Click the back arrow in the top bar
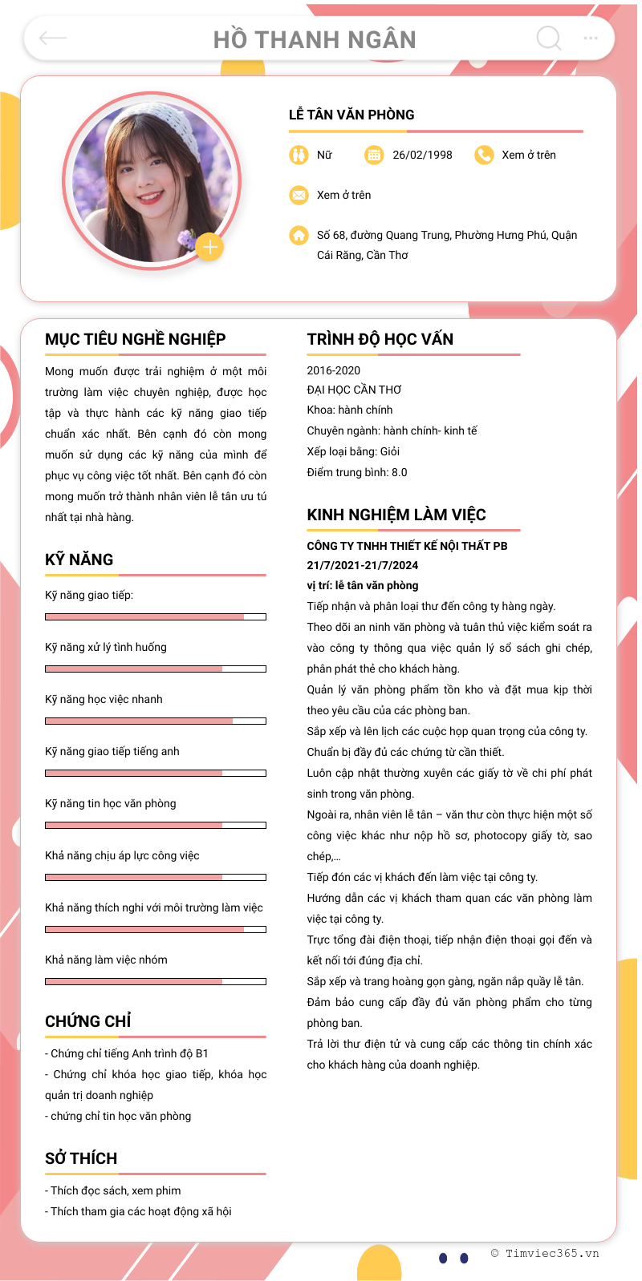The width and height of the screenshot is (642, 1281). (53, 38)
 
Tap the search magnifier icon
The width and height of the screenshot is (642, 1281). (549, 38)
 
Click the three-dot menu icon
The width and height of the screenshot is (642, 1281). (591, 38)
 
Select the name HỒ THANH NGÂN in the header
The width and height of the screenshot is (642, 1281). (315, 40)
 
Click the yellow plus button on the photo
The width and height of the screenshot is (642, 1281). (209, 247)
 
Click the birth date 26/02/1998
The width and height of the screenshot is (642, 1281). (422, 155)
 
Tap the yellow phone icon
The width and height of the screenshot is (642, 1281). (484, 155)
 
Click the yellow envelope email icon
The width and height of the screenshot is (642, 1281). (299, 195)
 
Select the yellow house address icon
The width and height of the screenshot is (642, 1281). (299, 235)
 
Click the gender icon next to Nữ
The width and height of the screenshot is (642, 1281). (299, 155)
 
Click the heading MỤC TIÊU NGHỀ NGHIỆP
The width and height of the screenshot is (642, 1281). (136, 339)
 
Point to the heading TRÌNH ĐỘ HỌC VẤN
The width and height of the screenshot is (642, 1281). (380, 339)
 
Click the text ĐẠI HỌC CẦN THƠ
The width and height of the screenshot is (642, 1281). (354, 390)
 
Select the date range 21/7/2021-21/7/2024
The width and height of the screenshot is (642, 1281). (362, 565)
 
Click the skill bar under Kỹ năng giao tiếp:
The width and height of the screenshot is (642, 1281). (155, 616)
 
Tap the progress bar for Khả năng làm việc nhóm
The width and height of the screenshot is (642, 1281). (155, 981)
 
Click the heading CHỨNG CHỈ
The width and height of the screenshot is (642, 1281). (88, 1021)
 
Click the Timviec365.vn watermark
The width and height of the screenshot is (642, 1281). (545, 1253)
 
